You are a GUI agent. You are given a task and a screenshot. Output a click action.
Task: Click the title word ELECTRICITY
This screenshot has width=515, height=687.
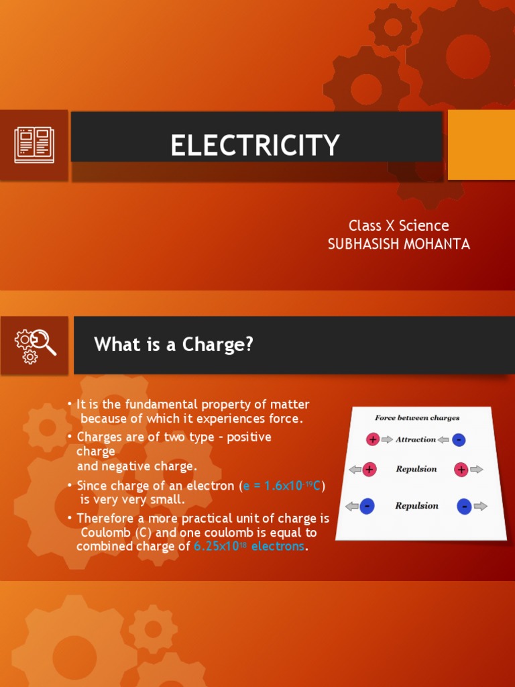click(255, 145)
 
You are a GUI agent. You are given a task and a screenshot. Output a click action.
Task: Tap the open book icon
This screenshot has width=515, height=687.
click(34, 144)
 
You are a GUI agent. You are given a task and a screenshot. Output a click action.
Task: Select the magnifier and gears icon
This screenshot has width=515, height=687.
click(35, 345)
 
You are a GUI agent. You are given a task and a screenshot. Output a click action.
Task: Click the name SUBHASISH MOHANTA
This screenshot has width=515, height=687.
click(398, 244)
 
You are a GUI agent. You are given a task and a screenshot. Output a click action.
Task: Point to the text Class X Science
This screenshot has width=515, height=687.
click(398, 225)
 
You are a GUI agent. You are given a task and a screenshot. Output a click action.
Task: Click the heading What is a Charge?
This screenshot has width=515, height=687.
click(174, 345)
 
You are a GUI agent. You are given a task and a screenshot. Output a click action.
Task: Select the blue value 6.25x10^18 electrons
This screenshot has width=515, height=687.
click(249, 547)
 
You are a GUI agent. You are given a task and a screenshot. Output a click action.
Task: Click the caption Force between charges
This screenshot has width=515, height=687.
click(417, 418)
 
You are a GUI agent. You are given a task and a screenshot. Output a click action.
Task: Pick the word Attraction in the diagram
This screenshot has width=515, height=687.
click(415, 439)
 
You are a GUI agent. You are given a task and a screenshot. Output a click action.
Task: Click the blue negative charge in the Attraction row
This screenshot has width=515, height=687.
click(459, 440)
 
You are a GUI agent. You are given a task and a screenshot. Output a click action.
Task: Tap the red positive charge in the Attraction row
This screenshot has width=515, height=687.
click(373, 439)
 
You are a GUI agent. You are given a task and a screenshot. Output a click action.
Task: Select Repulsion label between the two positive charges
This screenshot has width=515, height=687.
click(416, 469)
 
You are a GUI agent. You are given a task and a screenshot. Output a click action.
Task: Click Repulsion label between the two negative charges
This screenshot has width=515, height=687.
click(416, 506)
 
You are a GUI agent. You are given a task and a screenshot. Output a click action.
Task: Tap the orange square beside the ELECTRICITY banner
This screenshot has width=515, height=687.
click(481, 145)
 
